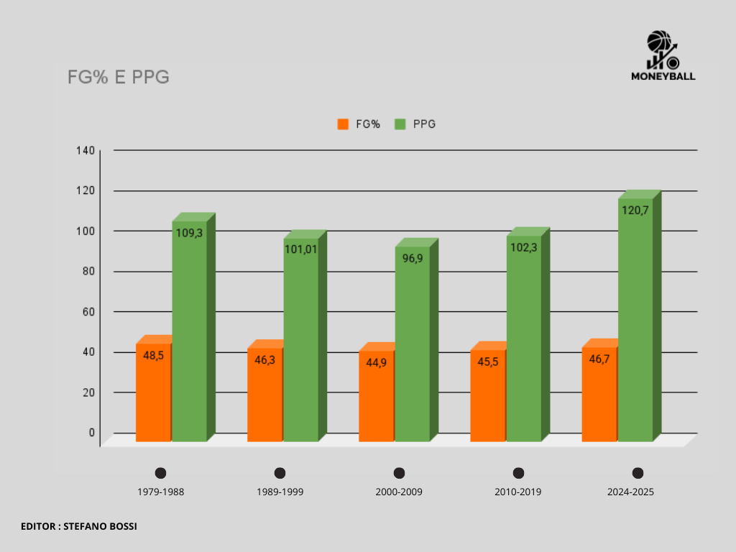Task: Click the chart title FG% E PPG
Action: point(118,78)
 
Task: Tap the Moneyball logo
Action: point(663,55)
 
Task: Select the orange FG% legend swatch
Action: point(343,124)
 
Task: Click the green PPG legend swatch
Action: point(400,124)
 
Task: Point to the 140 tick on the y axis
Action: point(86,150)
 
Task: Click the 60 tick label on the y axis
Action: point(88,311)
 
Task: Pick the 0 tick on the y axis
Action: point(91,432)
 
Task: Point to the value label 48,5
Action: point(154,354)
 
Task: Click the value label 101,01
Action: point(300,249)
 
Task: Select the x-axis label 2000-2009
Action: point(399,492)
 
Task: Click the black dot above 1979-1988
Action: point(160,473)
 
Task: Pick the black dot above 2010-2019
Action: point(518,473)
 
